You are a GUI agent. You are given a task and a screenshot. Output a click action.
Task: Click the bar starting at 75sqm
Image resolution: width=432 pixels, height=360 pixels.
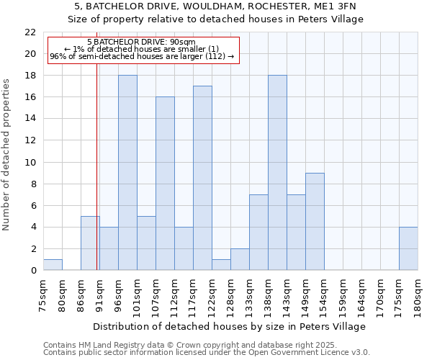(x=53, y=264)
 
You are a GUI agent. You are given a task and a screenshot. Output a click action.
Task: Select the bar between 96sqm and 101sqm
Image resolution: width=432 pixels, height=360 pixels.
(x=127, y=173)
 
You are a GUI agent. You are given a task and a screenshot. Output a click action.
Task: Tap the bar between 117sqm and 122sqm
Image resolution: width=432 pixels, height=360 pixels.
(x=202, y=178)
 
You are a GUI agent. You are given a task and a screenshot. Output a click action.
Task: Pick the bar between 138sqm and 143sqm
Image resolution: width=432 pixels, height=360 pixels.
(x=277, y=173)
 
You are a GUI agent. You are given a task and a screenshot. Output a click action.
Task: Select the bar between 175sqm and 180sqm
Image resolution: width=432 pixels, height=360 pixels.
(x=408, y=248)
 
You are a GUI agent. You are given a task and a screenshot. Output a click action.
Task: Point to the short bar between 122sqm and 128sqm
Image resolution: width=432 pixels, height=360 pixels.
(x=221, y=264)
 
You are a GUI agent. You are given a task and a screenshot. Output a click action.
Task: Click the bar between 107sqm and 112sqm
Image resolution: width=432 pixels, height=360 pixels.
(x=165, y=184)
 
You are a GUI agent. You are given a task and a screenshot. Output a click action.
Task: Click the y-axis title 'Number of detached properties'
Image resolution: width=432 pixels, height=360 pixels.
(x=7, y=155)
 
